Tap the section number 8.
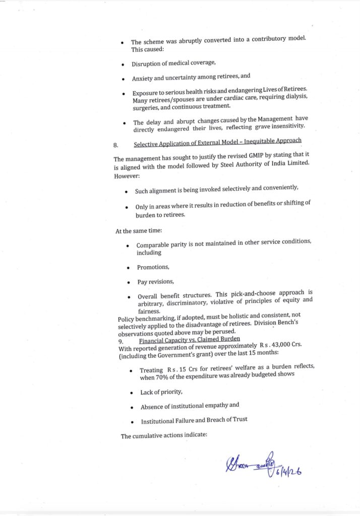tap(116, 145)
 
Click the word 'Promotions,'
tap(153, 267)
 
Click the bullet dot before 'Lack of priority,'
tap(131, 393)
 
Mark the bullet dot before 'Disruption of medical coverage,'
tap(123, 64)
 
